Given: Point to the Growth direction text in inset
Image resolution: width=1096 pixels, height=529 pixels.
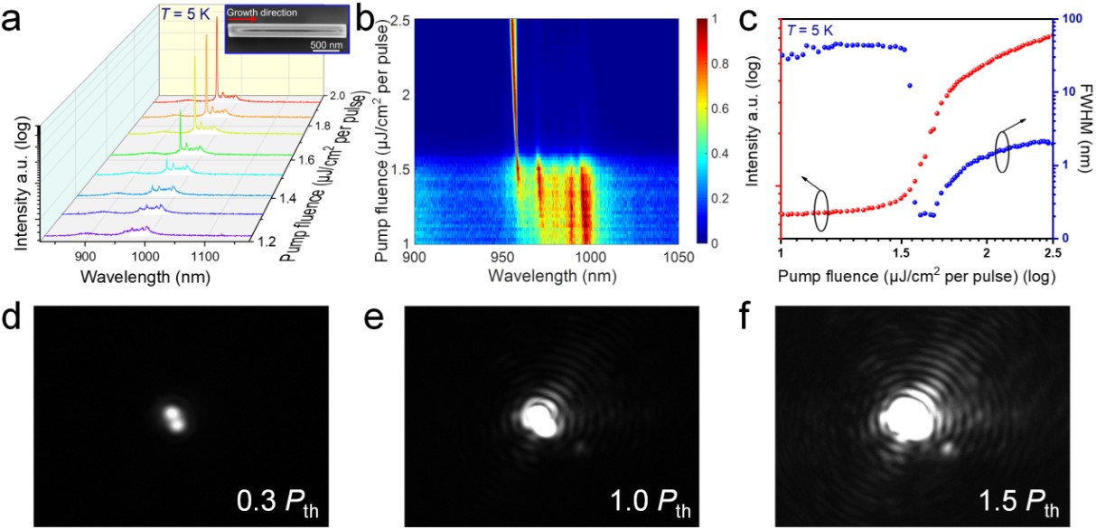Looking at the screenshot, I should [262, 13].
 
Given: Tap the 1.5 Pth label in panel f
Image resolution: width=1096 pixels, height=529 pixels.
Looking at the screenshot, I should [1014, 498].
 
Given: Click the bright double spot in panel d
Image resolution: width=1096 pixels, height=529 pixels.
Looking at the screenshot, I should [173, 419].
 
